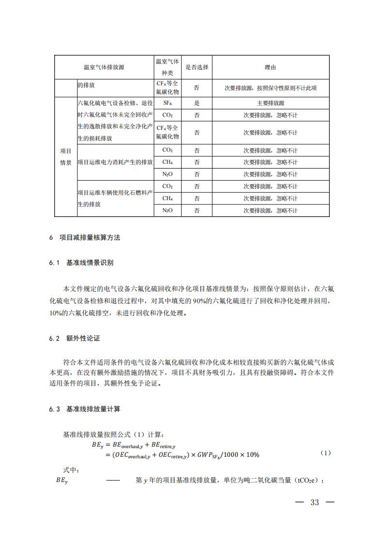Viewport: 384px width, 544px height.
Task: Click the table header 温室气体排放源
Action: pyautogui.click(x=103, y=67)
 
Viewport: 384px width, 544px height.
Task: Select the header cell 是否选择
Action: pyautogui.click(x=197, y=67)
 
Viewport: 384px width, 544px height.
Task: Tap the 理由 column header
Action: pyautogui.click(x=270, y=67)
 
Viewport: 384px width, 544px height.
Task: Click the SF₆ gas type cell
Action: pyautogui.click(x=168, y=103)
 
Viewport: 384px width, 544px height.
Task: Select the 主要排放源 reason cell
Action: pyautogui.click(x=270, y=103)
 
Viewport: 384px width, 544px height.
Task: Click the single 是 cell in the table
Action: pyautogui.click(x=197, y=103)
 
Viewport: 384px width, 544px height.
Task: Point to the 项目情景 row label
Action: pyautogui.click(x=65, y=156)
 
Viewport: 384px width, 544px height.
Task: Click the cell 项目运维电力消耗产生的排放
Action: pyautogui.click(x=115, y=162)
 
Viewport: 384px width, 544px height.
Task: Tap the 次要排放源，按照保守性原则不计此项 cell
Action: pyautogui.click(x=270, y=88)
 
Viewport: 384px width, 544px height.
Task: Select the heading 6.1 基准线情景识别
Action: pyautogui.click(x=81, y=263)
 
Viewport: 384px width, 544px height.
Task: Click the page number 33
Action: pyautogui.click(x=315, y=502)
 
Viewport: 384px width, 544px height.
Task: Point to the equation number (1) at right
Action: pyautogui.click(x=325, y=453)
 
